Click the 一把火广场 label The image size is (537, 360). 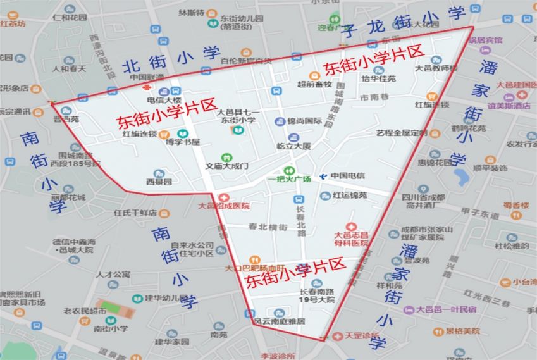[x=289, y=180]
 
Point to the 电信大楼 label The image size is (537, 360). [x=164, y=101]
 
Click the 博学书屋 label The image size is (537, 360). [x=182, y=142]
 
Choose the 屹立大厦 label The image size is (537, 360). [x=293, y=146]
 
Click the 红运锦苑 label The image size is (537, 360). [x=350, y=196]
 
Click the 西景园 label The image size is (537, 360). [x=159, y=182]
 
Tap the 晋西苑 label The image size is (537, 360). [x=66, y=118]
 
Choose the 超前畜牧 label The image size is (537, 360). [x=314, y=84]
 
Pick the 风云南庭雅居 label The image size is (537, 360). [x=279, y=321]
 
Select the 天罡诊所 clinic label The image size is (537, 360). [x=362, y=335]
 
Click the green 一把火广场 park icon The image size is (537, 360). [x=289, y=170]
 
